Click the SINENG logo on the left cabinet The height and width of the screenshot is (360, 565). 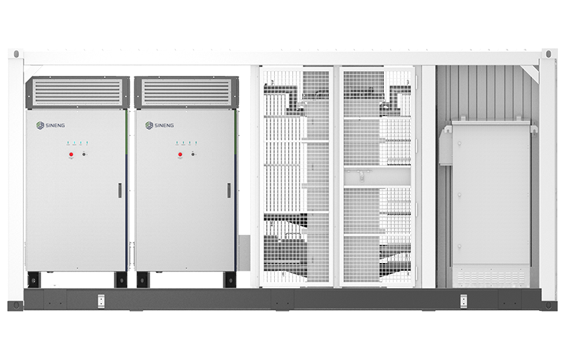coord(49,126)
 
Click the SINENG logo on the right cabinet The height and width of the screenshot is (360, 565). coord(159,126)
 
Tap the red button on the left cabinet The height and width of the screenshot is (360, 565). coord(71,153)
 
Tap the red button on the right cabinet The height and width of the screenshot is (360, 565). coord(181,153)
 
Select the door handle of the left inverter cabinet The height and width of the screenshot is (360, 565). coord(119,189)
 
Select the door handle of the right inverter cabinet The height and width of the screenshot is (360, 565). coord(228,189)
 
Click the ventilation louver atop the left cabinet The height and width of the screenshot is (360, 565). coord(77,91)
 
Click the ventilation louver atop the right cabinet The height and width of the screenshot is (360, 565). coord(186,91)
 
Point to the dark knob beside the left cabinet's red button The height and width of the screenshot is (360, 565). coord(84,153)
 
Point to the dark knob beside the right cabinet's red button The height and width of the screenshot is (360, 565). coord(193,153)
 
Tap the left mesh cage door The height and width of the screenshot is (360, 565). coord(297,176)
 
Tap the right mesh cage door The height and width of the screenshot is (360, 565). coord(378,176)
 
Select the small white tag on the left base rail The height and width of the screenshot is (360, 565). coord(100,301)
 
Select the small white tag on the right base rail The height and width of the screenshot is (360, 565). coord(463,301)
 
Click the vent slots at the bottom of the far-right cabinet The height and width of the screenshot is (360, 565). coord(490,276)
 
